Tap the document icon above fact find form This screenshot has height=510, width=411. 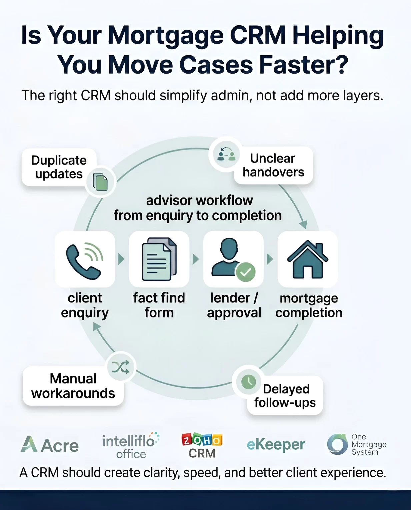[159, 259]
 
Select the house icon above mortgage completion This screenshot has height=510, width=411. [308, 259]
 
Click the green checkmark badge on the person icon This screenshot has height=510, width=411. [245, 272]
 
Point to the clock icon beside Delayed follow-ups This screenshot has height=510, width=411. [248, 382]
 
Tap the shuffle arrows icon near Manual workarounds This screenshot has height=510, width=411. [121, 367]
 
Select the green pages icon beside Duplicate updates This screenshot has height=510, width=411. [100, 182]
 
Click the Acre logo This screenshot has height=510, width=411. [50, 445]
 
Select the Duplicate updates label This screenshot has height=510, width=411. [59, 167]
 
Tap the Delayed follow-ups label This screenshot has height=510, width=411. [285, 395]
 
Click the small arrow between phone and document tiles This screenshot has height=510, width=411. [121, 259]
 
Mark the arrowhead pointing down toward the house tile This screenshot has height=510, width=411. [304, 224]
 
